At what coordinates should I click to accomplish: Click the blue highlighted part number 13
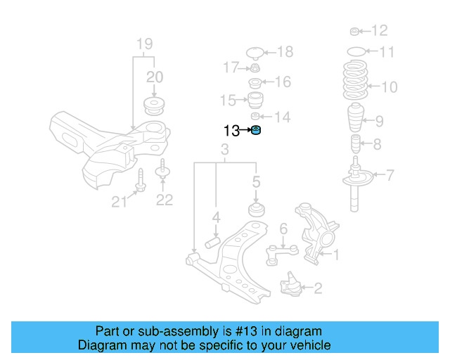[257, 130]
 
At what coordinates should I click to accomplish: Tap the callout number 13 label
[232, 131]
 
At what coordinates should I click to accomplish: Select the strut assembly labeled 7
[357, 184]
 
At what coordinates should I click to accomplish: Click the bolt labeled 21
[140, 181]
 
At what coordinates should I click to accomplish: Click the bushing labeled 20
[153, 105]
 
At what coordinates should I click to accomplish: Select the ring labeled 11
[357, 51]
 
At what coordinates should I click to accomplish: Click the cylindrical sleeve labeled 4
[213, 243]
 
